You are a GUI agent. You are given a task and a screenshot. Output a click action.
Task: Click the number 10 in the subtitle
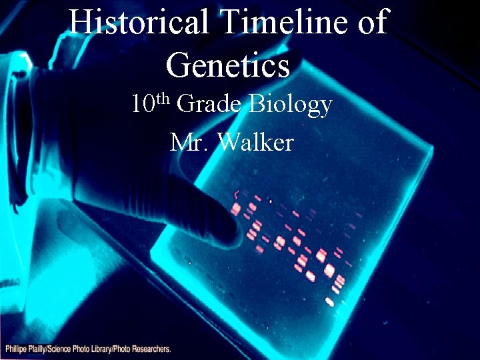143,105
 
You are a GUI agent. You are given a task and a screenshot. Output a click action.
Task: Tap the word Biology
290,106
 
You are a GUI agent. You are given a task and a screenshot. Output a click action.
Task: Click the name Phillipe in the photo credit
19,349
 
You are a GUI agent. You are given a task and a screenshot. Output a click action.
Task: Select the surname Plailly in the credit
45,349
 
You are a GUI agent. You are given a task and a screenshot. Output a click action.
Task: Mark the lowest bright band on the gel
329,301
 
